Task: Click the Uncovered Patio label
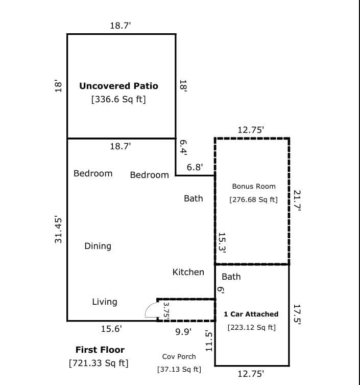tap(118, 86)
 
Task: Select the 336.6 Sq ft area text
tap(118, 100)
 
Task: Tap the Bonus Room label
tap(254, 187)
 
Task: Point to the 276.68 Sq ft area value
tap(254, 199)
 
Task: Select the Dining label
tap(98, 246)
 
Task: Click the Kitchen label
tap(188, 272)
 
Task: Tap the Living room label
tap(104, 302)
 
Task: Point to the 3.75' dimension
tap(166, 309)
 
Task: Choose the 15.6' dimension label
tap(111, 330)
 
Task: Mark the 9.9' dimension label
tap(183, 332)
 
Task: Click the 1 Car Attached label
tap(251, 314)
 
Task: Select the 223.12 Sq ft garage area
tap(252, 327)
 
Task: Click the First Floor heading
tap(100, 350)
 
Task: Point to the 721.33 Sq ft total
tap(99, 364)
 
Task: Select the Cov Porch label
tap(179, 356)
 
